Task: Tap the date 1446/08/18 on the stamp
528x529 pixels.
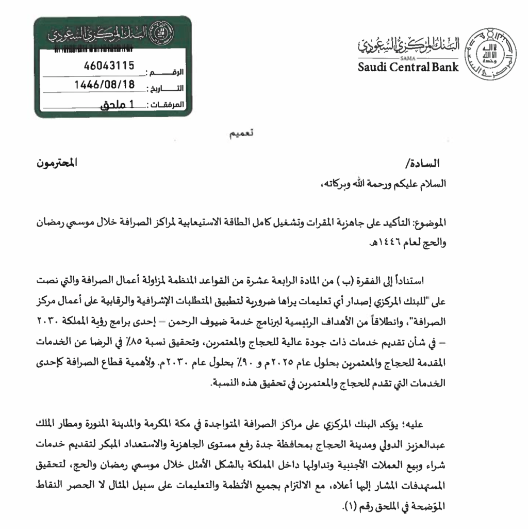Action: point(105,84)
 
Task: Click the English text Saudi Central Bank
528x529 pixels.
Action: point(408,68)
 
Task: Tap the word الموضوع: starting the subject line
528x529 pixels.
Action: point(427,223)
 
